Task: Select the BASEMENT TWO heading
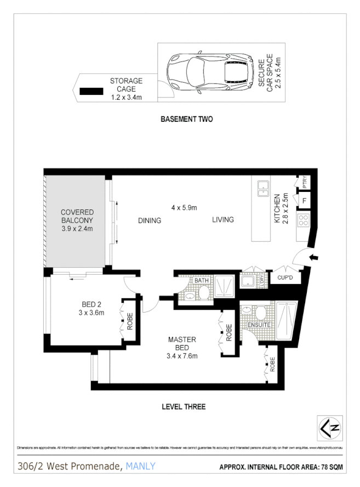tap(186, 119)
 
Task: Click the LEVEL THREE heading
tap(184, 406)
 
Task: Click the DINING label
tap(150, 220)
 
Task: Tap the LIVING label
tap(223, 219)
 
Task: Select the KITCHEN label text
tap(277, 208)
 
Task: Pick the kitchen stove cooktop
tap(303, 222)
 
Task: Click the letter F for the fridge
tap(303, 201)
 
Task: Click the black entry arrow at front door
tap(313, 258)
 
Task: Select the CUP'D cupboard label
tap(285, 277)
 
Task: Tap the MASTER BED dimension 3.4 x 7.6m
tap(182, 356)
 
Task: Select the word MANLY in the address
tap(141, 466)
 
